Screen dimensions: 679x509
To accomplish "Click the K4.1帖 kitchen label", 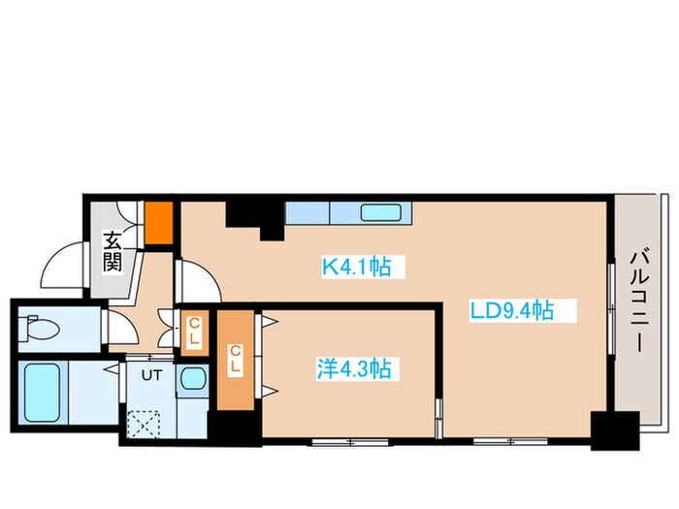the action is (356, 267).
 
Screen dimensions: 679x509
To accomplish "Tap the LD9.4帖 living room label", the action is (512, 310).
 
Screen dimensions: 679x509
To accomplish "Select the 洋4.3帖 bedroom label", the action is (354, 369).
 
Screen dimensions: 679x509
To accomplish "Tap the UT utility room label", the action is (151, 375).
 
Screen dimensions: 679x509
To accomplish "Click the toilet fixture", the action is (42, 327).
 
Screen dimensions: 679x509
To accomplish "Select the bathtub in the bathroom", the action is (42, 393).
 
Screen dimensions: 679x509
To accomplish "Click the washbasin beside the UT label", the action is (193, 378).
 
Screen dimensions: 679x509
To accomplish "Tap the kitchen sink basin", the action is (380, 212).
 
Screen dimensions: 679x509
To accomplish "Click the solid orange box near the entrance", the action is (158, 222).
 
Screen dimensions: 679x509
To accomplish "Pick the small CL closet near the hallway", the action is (195, 333).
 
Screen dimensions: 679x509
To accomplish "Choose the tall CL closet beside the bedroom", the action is (235, 360).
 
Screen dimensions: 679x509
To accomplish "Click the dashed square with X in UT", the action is (144, 425).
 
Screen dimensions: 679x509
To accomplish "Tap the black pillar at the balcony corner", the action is (615, 430).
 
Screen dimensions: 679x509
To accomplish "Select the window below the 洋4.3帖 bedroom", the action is (350, 442).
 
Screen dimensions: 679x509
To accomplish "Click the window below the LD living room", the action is (510, 442).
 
